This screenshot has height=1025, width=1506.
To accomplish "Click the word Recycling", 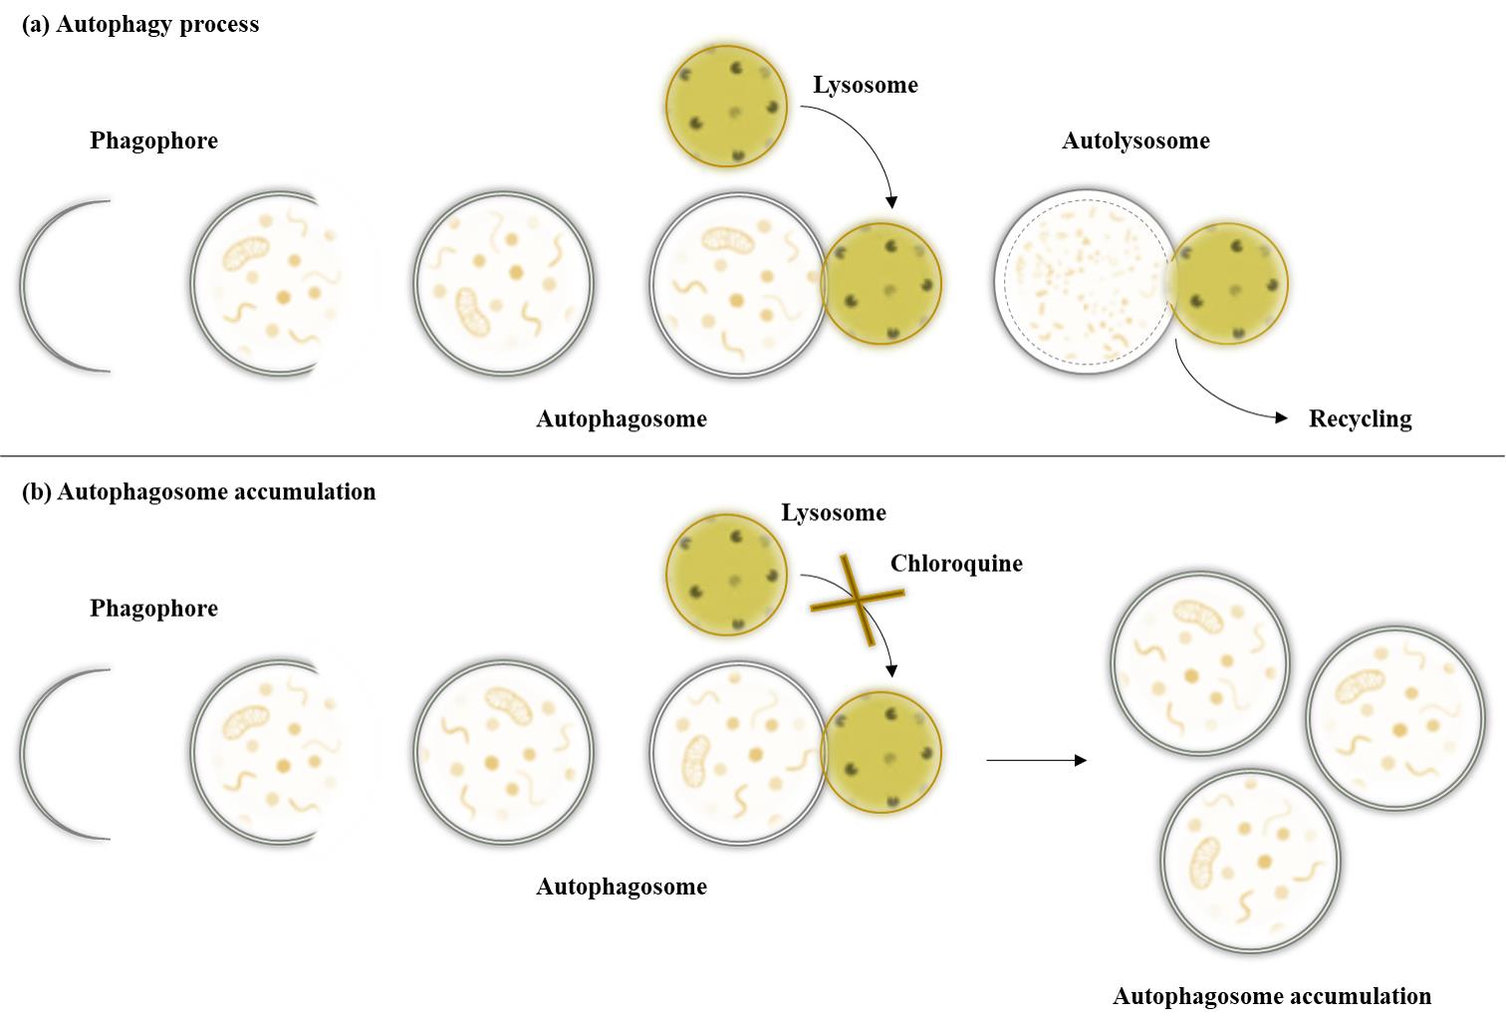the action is (x=1361, y=419).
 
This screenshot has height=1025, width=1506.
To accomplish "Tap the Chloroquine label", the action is (x=956, y=563).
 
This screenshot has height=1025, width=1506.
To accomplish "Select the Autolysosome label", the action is (x=1135, y=140).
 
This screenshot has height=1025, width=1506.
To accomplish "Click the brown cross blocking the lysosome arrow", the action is (x=858, y=600).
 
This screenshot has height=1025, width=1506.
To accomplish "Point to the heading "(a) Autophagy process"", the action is (x=140, y=24).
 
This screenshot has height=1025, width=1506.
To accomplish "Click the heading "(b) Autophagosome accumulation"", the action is (x=199, y=492).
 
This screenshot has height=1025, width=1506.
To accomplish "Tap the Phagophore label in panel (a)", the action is (x=154, y=140).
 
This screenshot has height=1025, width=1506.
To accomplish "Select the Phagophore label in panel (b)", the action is (x=154, y=608).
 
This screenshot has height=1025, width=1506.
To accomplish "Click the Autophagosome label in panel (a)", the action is (x=622, y=419).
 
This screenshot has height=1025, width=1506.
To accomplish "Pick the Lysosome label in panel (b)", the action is (x=834, y=512).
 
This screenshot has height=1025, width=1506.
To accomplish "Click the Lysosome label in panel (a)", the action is (x=866, y=85).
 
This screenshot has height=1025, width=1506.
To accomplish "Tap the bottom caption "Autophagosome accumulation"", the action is (x=1271, y=995).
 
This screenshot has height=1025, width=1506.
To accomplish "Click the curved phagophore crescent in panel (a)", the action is (x=23, y=286).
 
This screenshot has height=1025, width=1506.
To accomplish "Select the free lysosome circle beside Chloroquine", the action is (x=726, y=575).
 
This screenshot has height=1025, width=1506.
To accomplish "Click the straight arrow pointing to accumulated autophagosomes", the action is (x=1036, y=761).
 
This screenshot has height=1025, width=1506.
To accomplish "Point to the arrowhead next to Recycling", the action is (x=1281, y=417).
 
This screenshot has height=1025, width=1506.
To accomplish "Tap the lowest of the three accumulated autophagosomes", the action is (x=1251, y=861).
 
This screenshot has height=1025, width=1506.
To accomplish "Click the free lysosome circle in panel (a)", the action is (x=726, y=106).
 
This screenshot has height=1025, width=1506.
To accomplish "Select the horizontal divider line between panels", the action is (x=753, y=456).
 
